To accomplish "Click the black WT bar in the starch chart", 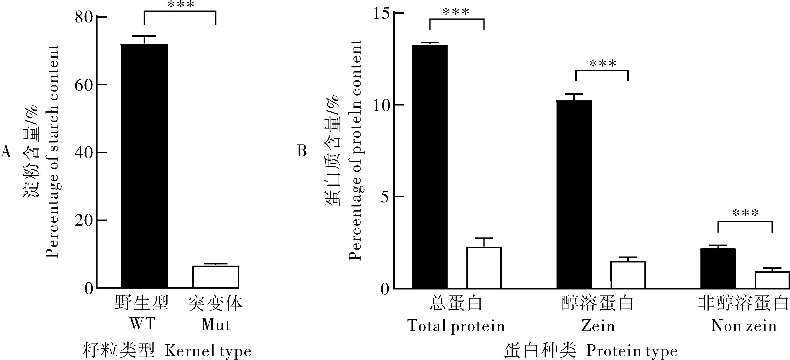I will [x=144, y=165].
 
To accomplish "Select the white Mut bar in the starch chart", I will [x=216, y=277].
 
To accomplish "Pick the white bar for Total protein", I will [x=484, y=268].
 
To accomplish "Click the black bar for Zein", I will [x=574, y=195].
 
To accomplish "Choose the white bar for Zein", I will [x=628, y=275].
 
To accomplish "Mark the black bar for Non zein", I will [x=718, y=268].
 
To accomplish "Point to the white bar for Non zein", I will [x=772, y=280].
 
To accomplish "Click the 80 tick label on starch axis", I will [x=84, y=17].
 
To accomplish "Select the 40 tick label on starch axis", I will [x=84, y=153].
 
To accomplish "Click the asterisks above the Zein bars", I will [x=603, y=64].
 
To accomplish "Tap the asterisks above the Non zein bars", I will [x=746, y=213].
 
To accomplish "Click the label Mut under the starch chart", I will [x=216, y=324].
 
